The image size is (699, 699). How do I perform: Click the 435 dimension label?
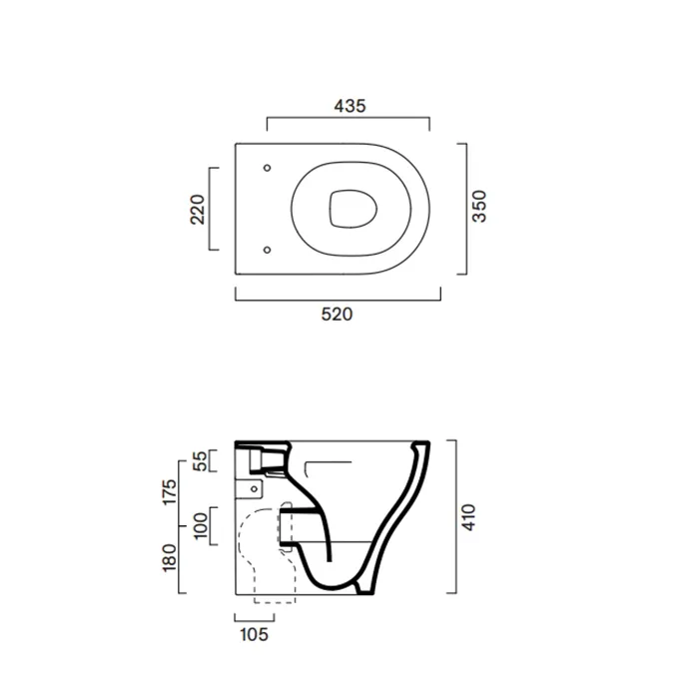point(349,106)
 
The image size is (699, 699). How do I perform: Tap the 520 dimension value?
point(338,315)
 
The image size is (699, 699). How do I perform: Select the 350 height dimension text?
point(479,206)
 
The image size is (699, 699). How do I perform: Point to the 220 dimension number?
point(198,210)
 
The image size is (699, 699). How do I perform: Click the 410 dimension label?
point(468,517)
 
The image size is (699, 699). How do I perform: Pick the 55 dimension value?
point(201,461)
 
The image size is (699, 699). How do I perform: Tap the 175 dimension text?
point(170,492)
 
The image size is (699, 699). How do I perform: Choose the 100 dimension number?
point(201,526)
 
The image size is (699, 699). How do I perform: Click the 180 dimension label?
point(170,557)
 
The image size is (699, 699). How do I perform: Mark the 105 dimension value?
point(254,634)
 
